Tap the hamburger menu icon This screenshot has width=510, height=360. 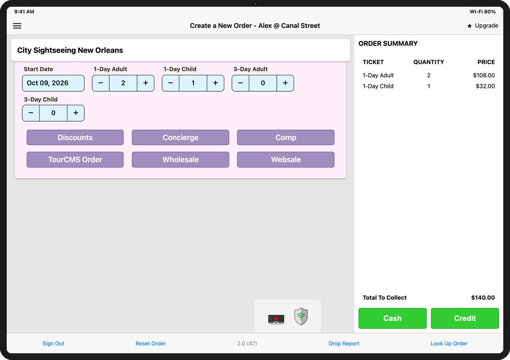pyautogui.click(x=17, y=26)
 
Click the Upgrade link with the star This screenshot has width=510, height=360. pyautogui.click(x=483, y=26)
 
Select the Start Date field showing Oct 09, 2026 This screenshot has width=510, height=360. pyautogui.click(x=53, y=83)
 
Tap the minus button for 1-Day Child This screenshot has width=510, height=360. pyautogui.click(x=170, y=83)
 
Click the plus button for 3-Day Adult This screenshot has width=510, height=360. pyautogui.click(x=285, y=83)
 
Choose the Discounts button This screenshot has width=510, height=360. pyautogui.click(x=75, y=138)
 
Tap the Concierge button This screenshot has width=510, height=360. pyautogui.click(x=181, y=138)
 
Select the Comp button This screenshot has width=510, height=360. pyautogui.click(x=286, y=138)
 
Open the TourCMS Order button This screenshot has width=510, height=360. pyautogui.click(x=75, y=159)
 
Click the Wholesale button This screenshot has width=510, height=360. pyautogui.click(x=181, y=159)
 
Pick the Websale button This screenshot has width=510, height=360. pyautogui.click(x=286, y=159)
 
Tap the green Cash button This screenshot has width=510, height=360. pyautogui.click(x=393, y=318)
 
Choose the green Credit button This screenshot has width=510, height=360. pyautogui.click(x=465, y=318)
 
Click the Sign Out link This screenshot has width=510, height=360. pyautogui.click(x=53, y=344)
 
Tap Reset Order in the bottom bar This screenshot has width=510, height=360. pyautogui.click(x=151, y=344)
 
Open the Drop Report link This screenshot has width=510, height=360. pyautogui.click(x=344, y=344)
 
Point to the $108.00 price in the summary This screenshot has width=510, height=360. pyautogui.click(x=484, y=75)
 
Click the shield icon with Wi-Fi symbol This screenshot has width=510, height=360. pyautogui.click(x=301, y=316)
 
